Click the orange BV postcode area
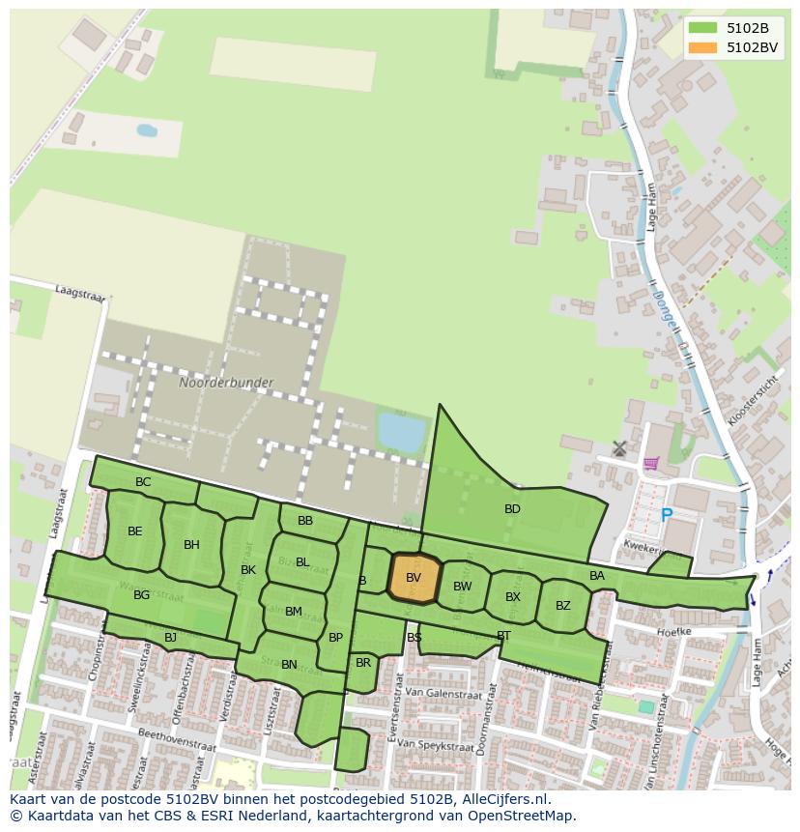414,579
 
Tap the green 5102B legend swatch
703,28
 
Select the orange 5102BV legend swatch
703,47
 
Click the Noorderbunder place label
226,383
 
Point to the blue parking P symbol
666,516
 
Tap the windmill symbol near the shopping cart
619,448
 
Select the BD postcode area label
512,509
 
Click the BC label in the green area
143,482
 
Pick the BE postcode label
134,531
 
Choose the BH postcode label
191,545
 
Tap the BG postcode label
141,595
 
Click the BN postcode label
289,665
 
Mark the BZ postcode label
563,606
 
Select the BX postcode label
513,597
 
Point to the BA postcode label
597,576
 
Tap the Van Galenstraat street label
430,692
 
